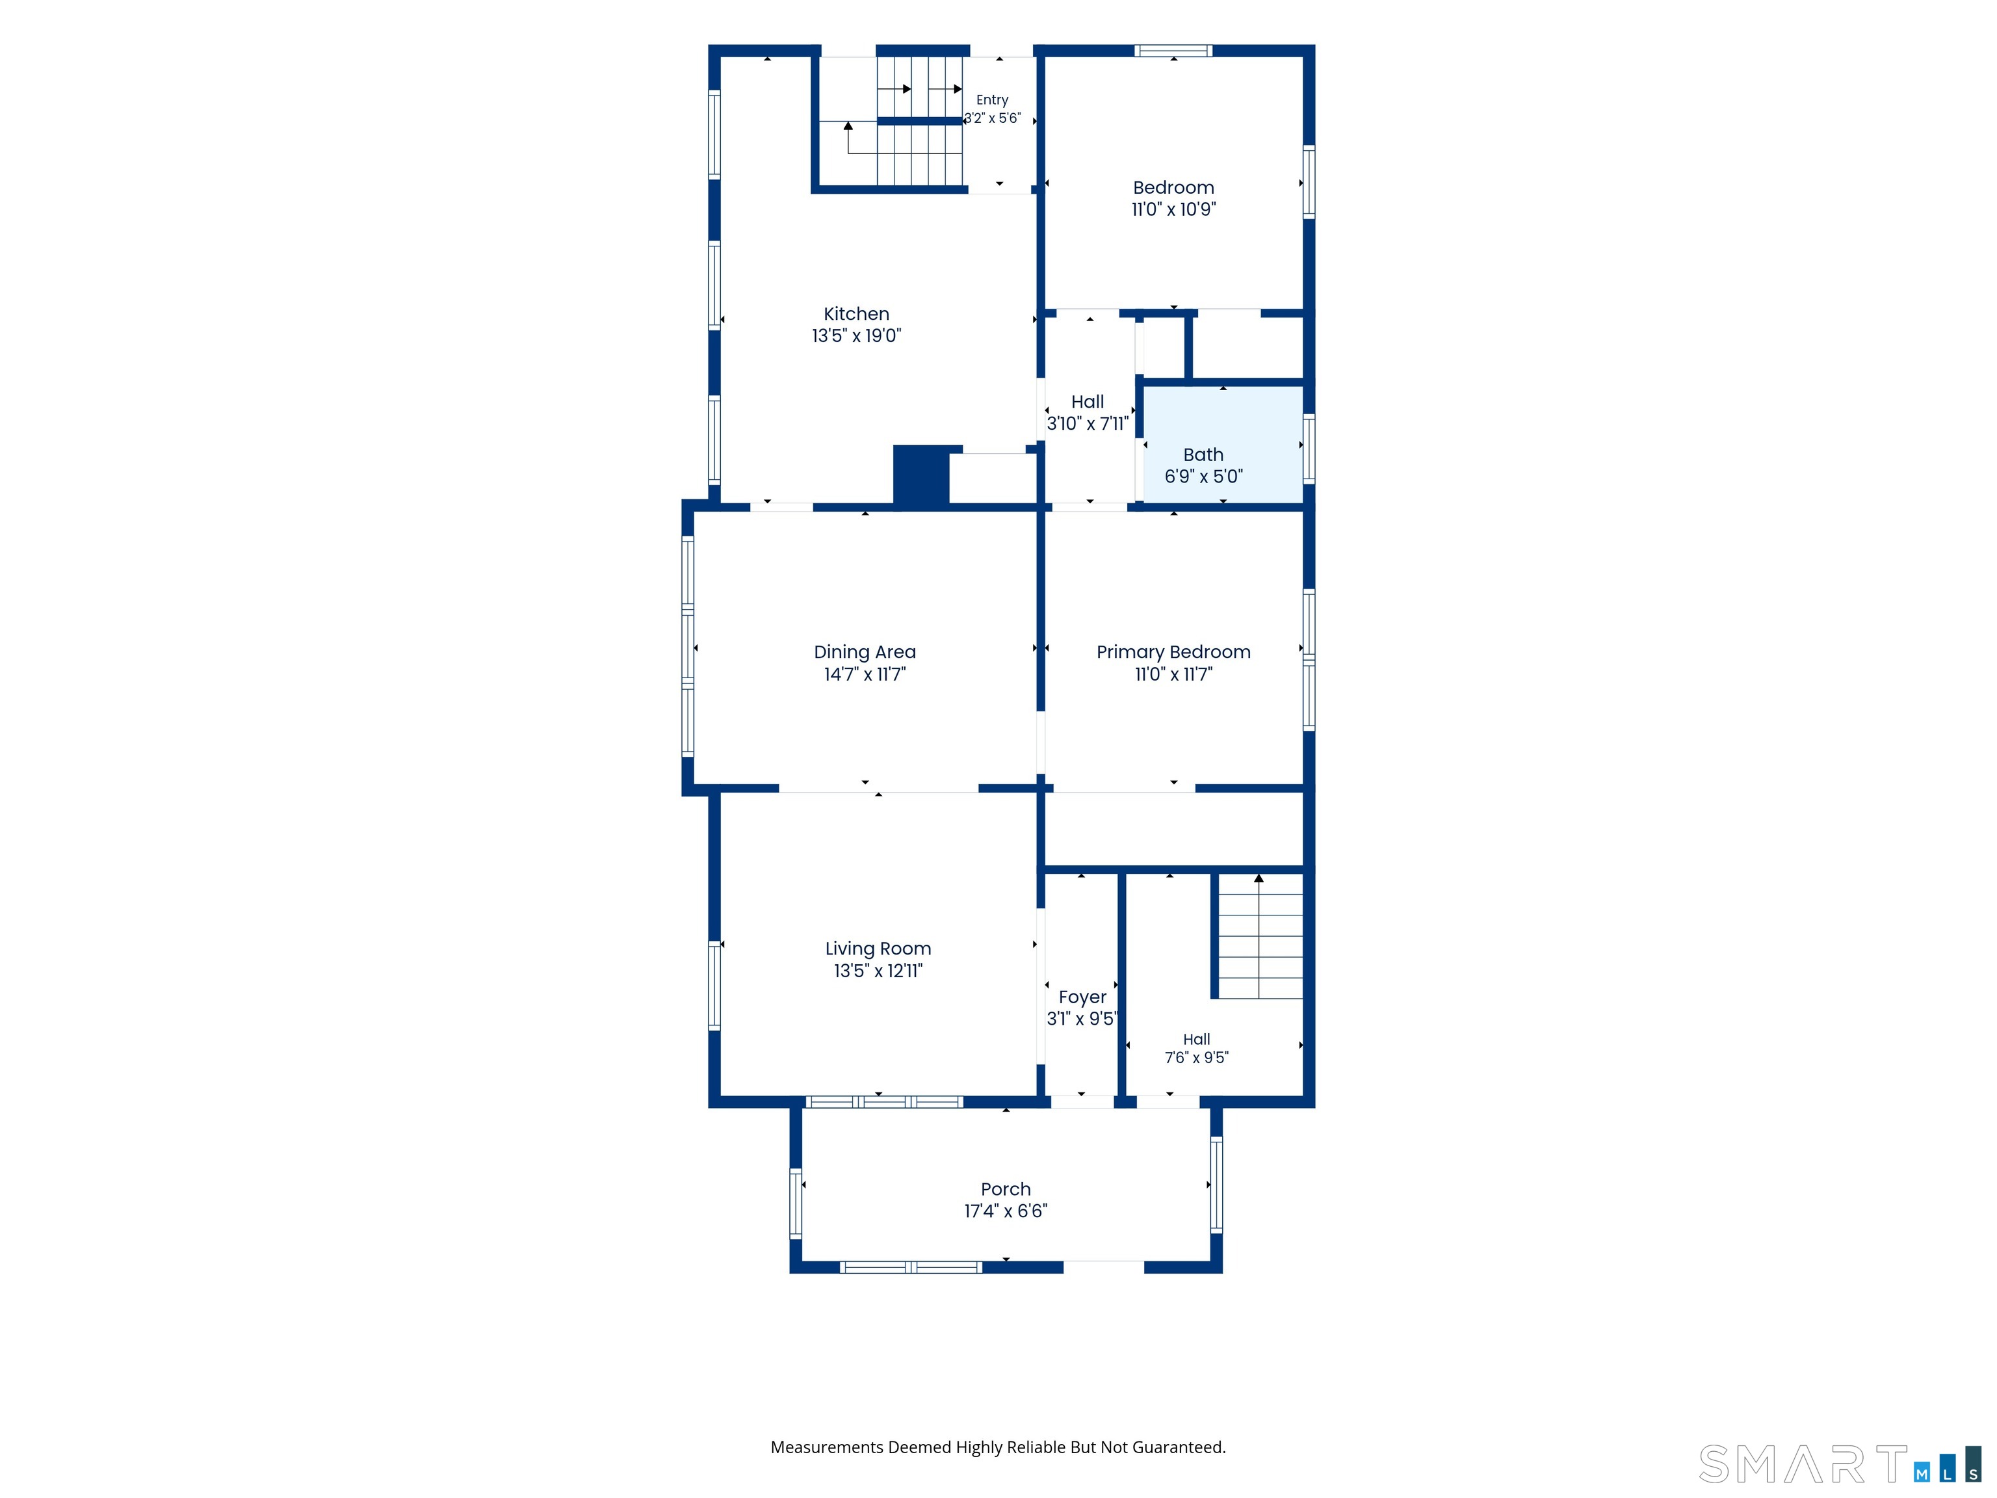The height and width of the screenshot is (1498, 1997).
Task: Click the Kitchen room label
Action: click(856, 314)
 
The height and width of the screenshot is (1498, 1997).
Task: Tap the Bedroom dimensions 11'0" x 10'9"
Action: click(1173, 209)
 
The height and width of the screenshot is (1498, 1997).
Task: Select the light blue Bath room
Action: click(1223, 444)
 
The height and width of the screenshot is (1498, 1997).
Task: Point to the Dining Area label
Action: click(865, 652)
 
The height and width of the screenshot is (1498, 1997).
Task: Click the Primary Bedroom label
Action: click(1173, 652)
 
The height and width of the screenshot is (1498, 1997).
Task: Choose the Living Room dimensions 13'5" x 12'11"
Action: click(878, 971)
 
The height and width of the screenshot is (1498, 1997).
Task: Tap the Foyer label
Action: click(1082, 997)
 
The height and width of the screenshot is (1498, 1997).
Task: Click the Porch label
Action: click(1006, 1189)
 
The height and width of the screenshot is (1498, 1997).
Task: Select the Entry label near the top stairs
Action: click(992, 100)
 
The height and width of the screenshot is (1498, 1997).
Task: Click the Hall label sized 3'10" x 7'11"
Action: click(1088, 402)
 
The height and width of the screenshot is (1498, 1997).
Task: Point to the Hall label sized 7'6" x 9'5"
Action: click(1196, 1039)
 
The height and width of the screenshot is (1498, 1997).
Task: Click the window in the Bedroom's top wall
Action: click(1173, 51)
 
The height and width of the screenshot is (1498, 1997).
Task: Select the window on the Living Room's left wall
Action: click(714, 985)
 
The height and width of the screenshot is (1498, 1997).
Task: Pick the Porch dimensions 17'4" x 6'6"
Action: click(1006, 1211)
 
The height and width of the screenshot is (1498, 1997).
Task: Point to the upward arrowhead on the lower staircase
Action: click(1259, 878)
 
